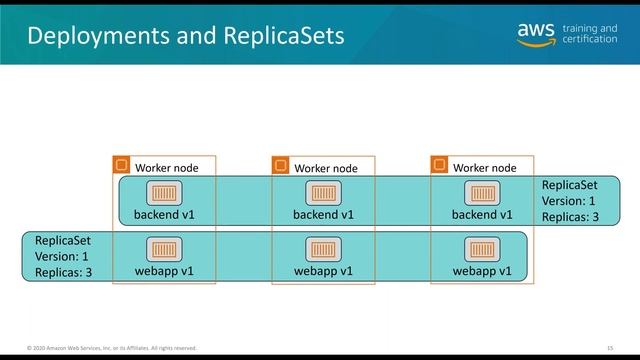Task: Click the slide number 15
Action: tap(610, 348)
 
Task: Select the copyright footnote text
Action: tap(112, 348)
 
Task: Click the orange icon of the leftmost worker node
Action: tap(122, 165)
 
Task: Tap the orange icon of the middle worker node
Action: tap(281, 165)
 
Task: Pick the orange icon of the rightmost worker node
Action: tap(440, 165)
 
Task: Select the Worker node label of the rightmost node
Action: tap(484, 168)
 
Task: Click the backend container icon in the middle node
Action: tap(322, 193)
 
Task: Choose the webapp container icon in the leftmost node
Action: tap(164, 249)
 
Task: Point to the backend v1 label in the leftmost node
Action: tap(164, 214)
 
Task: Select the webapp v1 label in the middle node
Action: tap(322, 270)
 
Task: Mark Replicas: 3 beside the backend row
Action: tap(570, 215)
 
